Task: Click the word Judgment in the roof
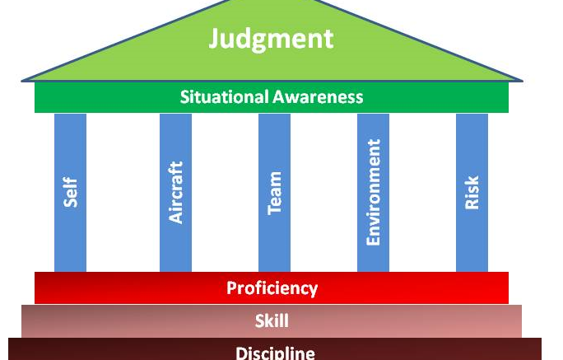(271, 39)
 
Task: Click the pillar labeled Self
(70, 231)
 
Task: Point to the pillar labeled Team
(274, 239)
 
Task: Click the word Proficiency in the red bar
(272, 288)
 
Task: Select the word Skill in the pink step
(272, 321)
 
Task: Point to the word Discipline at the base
(275, 353)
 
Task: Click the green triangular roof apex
(272, 5)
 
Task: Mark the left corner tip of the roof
(23, 80)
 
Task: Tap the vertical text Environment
(374, 192)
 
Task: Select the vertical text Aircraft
(175, 192)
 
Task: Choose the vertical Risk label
(472, 192)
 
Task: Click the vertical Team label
(275, 193)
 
